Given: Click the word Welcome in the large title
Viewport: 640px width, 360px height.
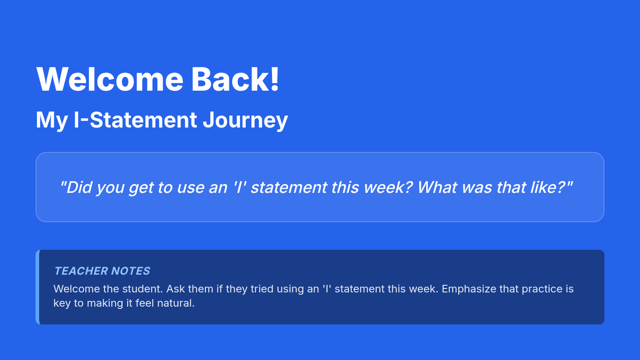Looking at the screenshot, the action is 110,79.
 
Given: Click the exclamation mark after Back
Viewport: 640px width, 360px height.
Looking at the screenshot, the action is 275,78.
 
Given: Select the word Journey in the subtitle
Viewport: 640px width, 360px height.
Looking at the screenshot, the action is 245,121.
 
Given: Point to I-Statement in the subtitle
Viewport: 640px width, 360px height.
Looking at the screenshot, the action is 135,119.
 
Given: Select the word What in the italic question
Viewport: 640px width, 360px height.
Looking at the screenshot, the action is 437,187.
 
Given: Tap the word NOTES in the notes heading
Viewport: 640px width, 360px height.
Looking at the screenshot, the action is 130,271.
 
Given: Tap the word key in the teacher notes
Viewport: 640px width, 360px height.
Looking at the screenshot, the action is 62,303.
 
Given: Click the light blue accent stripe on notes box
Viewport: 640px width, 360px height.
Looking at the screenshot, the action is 37,287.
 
